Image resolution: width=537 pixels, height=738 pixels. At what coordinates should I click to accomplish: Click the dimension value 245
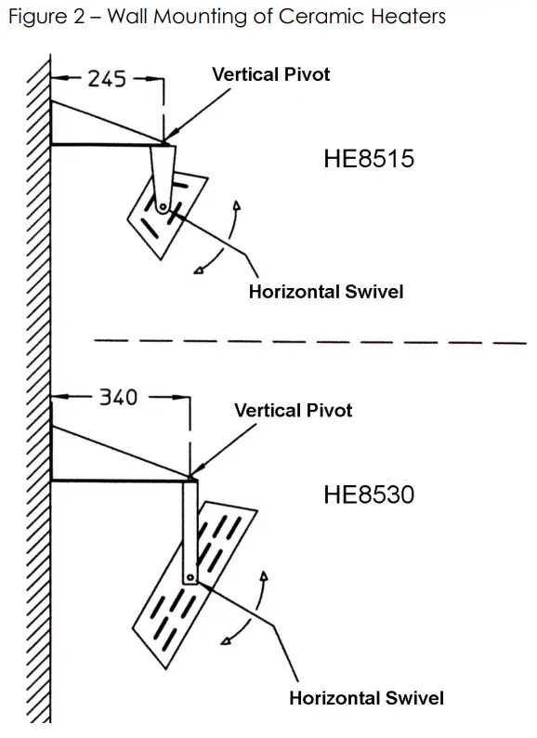[107, 80]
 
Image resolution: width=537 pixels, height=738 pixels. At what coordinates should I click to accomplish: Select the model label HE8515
[368, 159]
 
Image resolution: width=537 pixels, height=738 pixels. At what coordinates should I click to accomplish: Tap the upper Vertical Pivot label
[270, 73]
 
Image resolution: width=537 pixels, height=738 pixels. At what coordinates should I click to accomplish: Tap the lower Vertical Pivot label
[293, 410]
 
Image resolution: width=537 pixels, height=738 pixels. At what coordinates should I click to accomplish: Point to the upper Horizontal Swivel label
[325, 292]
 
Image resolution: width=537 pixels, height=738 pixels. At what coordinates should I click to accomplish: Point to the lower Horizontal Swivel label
[366, 698]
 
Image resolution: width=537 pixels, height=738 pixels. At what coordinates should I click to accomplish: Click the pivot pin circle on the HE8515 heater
[163, 207]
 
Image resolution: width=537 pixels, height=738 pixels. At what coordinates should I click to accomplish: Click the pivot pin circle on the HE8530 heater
[190, 577]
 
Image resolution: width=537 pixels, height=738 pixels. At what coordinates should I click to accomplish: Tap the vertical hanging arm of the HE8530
[190, 530]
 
